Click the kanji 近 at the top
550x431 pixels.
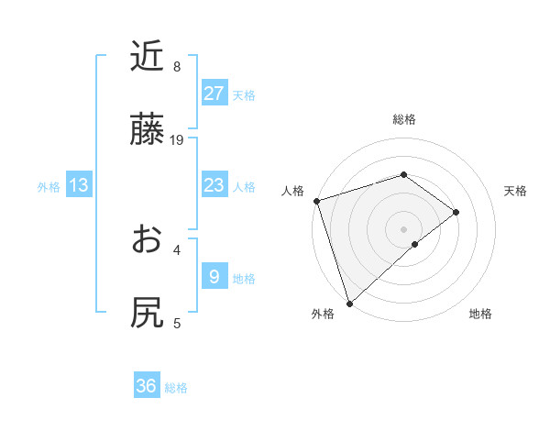tap(148, 57)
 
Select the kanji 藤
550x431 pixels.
tap(148, 130)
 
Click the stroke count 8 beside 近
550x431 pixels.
tap(176, 67)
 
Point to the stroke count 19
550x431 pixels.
tap(177, 140)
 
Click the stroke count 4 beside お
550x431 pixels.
tap(176, 249)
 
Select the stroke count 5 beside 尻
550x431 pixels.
tap(176, 323)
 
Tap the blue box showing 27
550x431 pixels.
tap(214, 94)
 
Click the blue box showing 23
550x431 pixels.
tap(214, 185)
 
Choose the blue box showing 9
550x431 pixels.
tap(214, 277)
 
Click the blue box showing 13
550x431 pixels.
tap(79, 185)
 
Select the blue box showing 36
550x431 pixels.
tap(147, 386)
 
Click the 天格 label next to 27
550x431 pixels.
tap(244, 95)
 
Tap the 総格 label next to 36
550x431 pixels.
tap(176, 388)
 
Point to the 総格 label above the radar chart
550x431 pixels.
tap(403, 119)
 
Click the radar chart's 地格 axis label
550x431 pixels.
tap(480, 315)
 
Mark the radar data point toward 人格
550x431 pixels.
tap(316, 201)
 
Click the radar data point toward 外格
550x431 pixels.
tap(349, 303)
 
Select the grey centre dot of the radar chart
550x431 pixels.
tap(403, 228)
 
